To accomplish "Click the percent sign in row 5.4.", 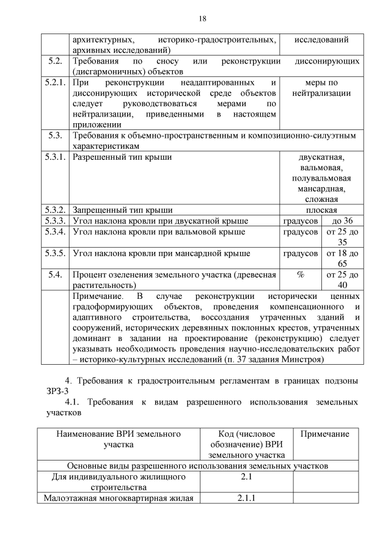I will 300,274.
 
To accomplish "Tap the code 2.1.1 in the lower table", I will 246,498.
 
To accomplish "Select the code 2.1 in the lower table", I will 246,476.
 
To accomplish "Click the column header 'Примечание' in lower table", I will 325,434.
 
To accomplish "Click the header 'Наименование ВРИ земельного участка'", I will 119,439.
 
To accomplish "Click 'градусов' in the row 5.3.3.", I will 300,221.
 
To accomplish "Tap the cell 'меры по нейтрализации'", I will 321,88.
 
